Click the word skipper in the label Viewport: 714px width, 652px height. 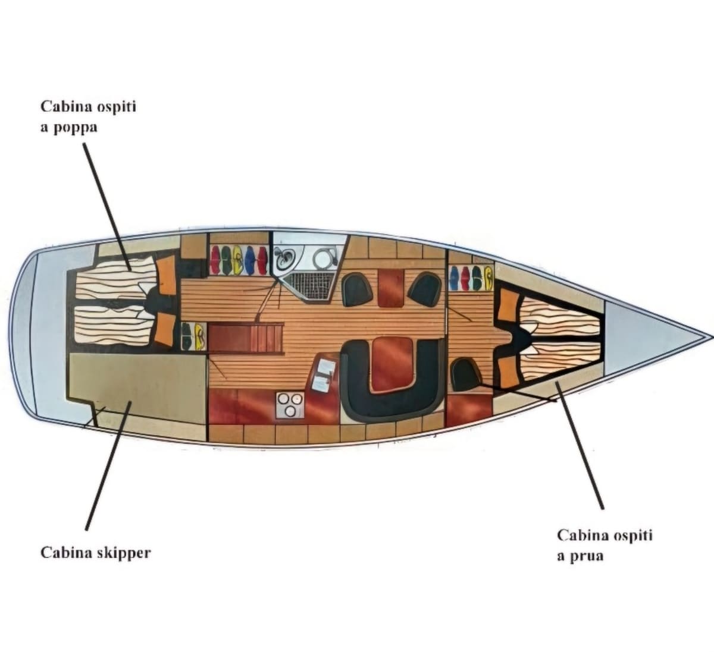pyautogui.click(x=123, y=554)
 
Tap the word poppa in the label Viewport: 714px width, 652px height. pyautogui.click(x=75, y=128)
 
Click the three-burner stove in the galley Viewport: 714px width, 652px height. pyautogui.click(x=290, y=405)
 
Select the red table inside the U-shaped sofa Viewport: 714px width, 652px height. pyautogui.click(x=392, y=364)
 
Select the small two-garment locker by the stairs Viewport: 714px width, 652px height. pyautogui.click(x=193, y=336)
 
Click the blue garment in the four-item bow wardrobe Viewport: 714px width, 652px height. pyautogui.click(x=454, y=278)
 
